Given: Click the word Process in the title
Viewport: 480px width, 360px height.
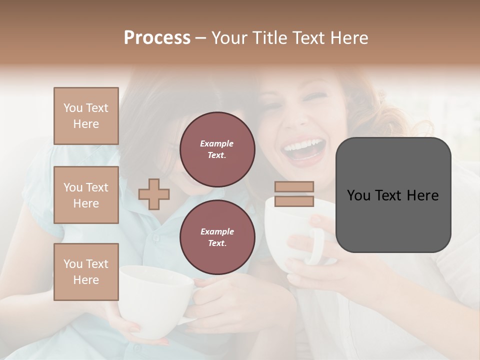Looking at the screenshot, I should point(157,38).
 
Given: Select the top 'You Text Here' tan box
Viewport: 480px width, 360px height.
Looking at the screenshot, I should point(86,116).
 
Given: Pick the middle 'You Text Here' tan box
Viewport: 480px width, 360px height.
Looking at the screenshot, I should point(86,195).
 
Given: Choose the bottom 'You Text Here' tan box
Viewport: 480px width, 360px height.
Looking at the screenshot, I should point(86,272).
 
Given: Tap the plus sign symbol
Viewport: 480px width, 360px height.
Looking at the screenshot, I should point(154,194).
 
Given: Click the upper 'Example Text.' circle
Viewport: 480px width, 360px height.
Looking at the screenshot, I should point(217,149).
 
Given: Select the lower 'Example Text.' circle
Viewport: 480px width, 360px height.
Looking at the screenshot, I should point(217,237).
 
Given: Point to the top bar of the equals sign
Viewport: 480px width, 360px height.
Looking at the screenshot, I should point(294,187).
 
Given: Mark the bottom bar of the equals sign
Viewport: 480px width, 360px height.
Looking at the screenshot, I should point(294,201).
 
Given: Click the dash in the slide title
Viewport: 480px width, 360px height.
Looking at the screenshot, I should point(201,38).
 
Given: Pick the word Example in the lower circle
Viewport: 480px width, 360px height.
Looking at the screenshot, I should point(217,231).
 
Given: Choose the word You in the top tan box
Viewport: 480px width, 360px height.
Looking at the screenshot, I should point(72,108).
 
